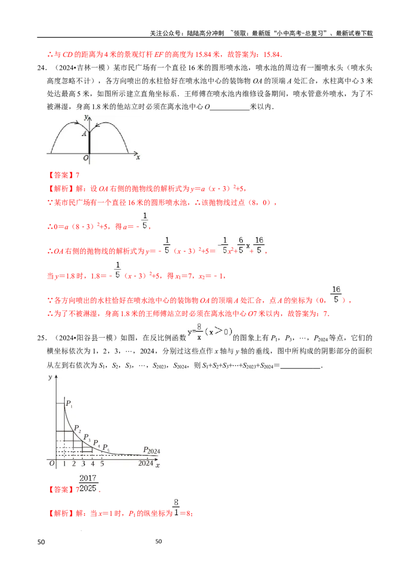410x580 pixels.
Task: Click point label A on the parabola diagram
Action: tap(85, 134)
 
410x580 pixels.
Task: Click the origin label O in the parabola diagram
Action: tap(86, 158)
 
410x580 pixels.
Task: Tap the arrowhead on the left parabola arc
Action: tap(77, 123)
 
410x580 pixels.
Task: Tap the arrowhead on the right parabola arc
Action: tap(97, 124)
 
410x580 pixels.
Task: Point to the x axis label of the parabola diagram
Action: tap(138, 157)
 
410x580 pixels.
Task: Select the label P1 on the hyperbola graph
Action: tap(69, 404)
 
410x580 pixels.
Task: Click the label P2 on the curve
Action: tap(77, 428)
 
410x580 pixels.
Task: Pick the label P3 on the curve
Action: tap(87, 437)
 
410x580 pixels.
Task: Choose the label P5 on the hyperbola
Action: tap(106, 448)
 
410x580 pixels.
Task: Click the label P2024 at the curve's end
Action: tap(152, 450)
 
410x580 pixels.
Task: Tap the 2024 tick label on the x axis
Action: tap(146, 464)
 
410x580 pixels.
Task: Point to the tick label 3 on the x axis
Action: tap(84, 464)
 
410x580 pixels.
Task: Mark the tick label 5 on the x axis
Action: tap(102, 464)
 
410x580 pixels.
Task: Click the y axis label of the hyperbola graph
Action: tap(50, 378)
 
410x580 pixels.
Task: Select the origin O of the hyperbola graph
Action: tap(52, 464)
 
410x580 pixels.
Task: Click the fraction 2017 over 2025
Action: tap(88, 482)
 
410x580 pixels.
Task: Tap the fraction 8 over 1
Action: tap(176, 507)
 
